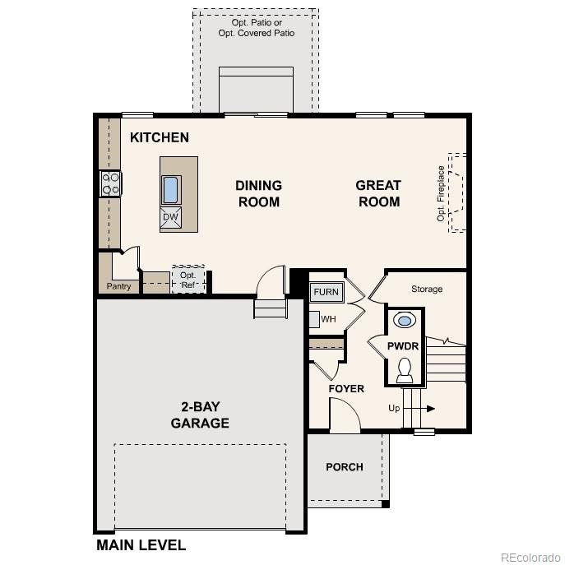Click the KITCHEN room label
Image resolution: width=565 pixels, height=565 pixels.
pos(160,138)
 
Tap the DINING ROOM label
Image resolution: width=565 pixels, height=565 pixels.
pos(258,193)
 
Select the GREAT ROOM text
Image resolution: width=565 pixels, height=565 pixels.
pos(378,193)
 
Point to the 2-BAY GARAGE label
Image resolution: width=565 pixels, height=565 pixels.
pos(200,415)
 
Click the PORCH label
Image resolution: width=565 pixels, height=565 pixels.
pos(345,467)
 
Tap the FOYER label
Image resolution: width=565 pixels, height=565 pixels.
pos(346,389)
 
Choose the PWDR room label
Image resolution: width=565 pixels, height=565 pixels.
pos(403,346)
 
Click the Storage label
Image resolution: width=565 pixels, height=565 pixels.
pos(427,289)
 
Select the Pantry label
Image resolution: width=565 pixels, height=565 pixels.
pos(118,287)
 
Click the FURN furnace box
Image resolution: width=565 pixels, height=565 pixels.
pos(326,292)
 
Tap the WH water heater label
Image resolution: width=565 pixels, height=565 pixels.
pos(328,319)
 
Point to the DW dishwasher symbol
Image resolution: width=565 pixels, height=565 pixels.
pos(170,217)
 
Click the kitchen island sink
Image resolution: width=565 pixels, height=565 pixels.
pos(171,189)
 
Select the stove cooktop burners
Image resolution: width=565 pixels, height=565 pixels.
pos(109,183)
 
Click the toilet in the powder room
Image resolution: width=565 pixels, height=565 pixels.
pos(405,371)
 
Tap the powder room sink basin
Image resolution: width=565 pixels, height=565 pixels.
pos(405,320)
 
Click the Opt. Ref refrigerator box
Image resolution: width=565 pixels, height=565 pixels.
pos(188,280)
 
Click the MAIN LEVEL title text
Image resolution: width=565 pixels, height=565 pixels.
pos(141,544)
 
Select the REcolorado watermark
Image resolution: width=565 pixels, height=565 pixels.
pos(530,555)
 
